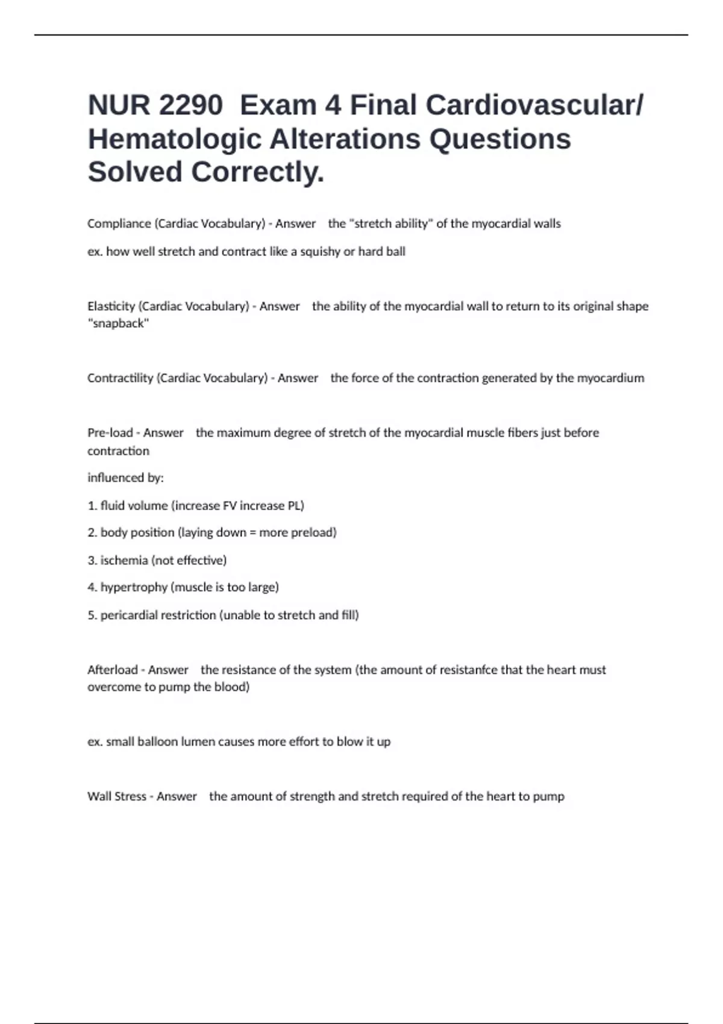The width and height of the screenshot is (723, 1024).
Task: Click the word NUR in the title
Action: tap(118, 105)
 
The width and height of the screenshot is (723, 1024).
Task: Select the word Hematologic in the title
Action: tap(174, 139)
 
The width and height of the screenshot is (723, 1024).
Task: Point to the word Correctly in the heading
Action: tap(257, 172)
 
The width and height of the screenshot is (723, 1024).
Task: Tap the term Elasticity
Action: tap(111, 306)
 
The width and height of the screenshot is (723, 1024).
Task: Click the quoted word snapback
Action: tap(118, 323)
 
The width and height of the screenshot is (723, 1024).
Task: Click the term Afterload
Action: tap(112, 670)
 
